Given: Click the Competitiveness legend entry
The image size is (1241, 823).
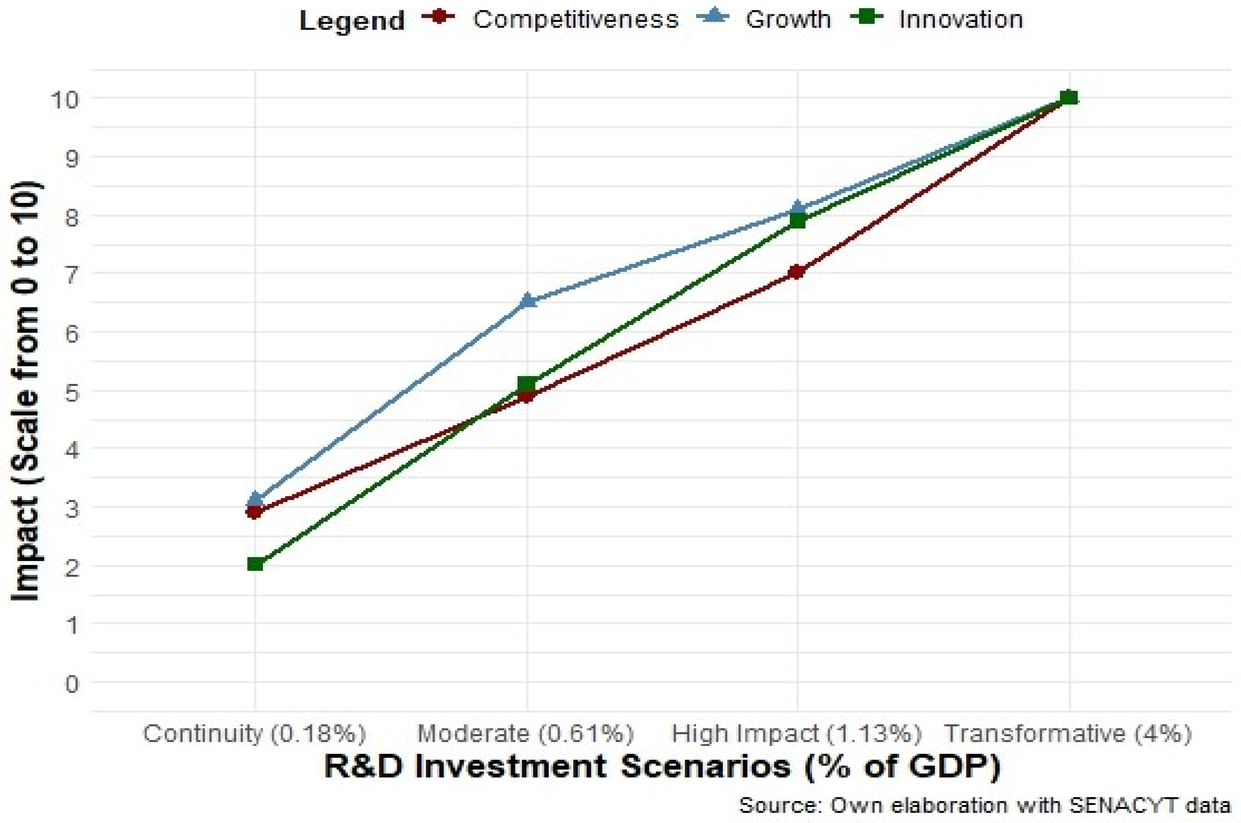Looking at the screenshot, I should (x=575, y=20).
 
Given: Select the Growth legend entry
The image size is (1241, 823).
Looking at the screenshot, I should (x=788, y=20).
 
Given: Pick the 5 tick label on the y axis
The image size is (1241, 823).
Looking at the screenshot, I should (x=71, y=392).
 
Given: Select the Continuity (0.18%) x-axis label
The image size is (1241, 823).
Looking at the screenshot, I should (x=254, y=734).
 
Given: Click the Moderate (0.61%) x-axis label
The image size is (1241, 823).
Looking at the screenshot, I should (x=526, y=734).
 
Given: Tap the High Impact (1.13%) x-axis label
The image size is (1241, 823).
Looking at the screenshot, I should (x=797, y=734).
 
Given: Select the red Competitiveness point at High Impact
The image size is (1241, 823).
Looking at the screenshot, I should (x=797, y=272).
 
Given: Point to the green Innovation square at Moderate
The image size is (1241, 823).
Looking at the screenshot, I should (x=527, y=384).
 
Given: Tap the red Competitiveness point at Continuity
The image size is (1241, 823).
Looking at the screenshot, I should (x=255, y=512).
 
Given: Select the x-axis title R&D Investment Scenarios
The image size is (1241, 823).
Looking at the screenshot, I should (x=662, y=767).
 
